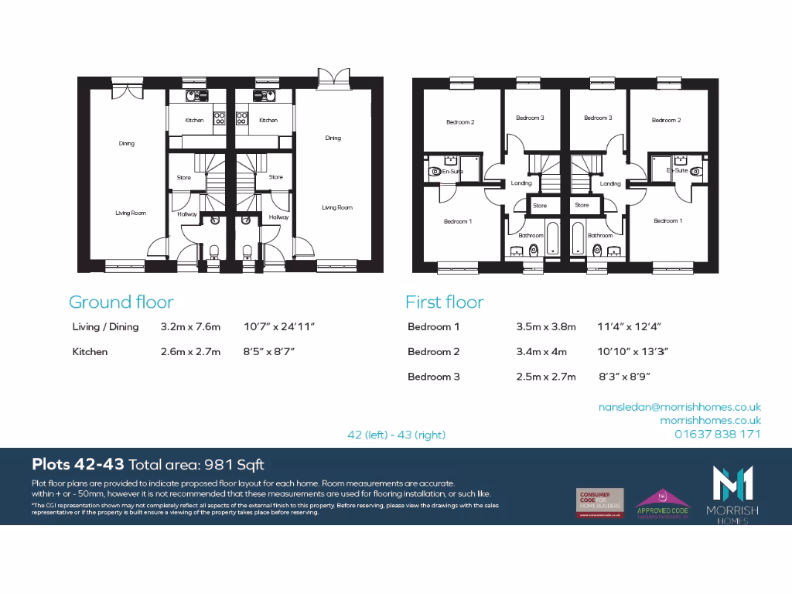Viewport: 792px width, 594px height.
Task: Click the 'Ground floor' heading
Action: coord(121,302)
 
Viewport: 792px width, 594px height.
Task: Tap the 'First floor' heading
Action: coord(445,302)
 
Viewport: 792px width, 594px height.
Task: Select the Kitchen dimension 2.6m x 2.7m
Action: coord(190,352)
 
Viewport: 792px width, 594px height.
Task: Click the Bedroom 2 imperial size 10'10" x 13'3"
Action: coord(633,352)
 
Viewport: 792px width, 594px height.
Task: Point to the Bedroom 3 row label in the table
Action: coord(433,377)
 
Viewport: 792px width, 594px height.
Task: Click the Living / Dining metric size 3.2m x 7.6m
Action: coord(190,327)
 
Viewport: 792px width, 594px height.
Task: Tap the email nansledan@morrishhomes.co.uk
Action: coord(679,407)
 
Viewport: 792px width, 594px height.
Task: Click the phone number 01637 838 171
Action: coord(717,434)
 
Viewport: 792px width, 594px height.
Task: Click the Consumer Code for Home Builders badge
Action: coord(599,503)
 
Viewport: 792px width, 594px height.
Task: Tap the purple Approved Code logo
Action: coord(663,503)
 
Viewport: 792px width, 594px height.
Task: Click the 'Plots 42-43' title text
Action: coord(77,465)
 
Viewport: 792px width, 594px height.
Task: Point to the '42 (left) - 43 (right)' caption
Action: coord(397,435)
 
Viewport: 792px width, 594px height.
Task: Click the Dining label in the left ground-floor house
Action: coord(126,143)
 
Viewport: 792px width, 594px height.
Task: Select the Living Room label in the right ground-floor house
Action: coord(337,207)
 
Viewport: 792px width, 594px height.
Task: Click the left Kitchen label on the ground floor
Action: coord(194,121)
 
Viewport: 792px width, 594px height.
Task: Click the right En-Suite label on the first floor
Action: coord(678,170)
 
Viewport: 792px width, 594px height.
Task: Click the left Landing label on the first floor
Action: coord(521,183)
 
